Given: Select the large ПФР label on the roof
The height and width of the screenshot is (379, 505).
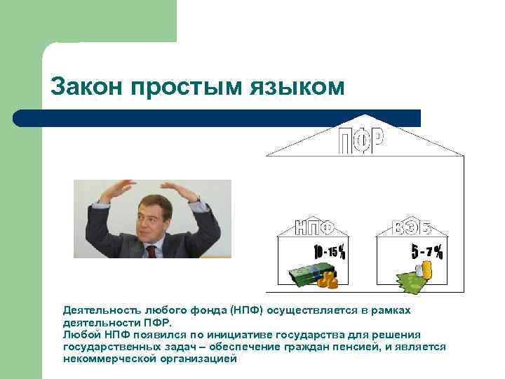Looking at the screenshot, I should click(x=362, y=142).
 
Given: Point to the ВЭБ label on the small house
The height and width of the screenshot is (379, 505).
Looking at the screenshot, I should click(x=412, y=227).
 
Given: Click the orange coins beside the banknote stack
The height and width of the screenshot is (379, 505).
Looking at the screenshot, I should click(x=327, y=279).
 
